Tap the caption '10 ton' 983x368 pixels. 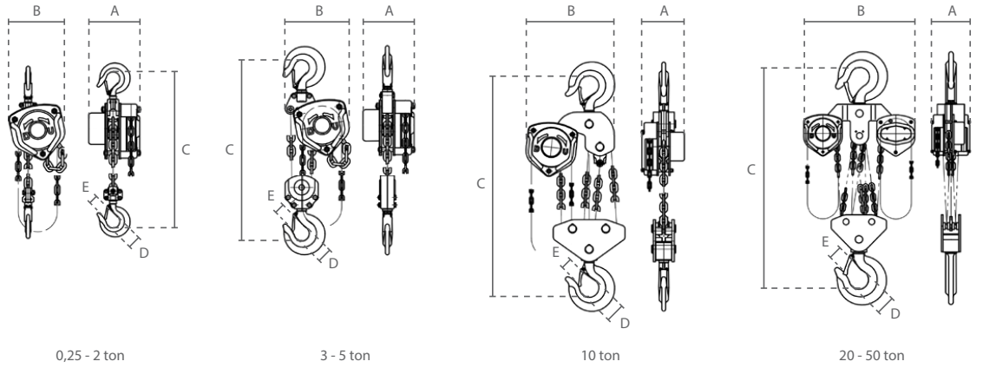coord(597,354)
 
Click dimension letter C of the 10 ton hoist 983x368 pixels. coord(480,184)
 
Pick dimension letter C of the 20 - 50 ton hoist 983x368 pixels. coord(751,171)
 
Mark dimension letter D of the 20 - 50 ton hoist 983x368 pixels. coord(895,312)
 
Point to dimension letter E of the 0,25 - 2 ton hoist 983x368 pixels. coord(86,186)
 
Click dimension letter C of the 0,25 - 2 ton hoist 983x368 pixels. coord(186,149)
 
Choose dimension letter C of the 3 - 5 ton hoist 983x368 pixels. coord(229,149)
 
